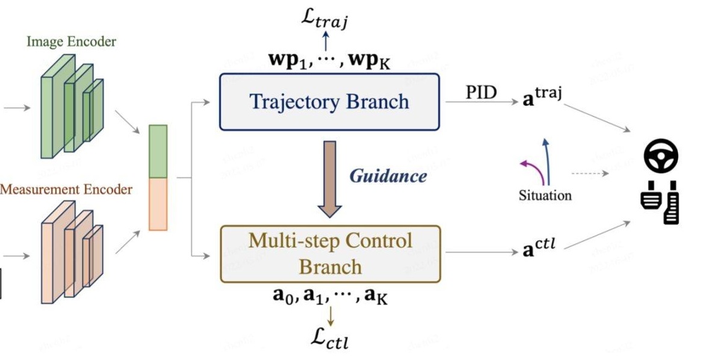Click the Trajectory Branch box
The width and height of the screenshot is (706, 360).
(x=329, y=101)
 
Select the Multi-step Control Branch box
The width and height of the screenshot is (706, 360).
(x=330, y=253)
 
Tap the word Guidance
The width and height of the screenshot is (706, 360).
(x=388, y=176)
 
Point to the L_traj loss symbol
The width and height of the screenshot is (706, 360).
(x=326, y=19)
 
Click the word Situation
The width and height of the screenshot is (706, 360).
(x=545, y=195)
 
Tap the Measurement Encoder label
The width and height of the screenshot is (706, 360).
(x=66, y=190)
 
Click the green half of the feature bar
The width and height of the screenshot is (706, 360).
(x=158, y=151)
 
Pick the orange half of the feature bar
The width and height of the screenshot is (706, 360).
(x=158, y=203)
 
